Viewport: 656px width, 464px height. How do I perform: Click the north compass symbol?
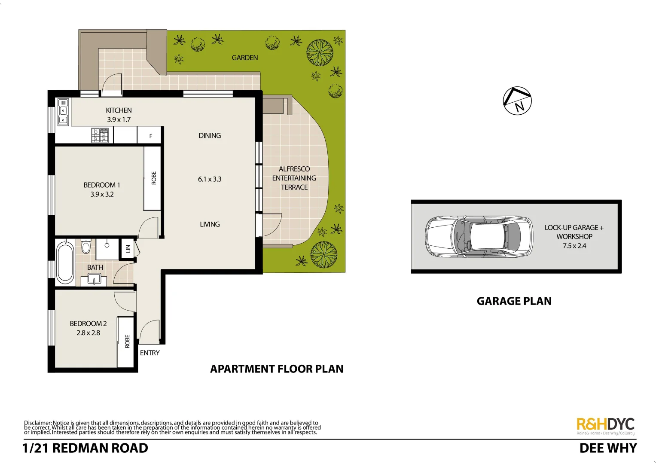[517, 101]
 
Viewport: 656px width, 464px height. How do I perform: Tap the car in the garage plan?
[479, 236]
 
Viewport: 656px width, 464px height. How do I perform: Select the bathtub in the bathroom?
[65, 263]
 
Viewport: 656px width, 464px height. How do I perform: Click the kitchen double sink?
[63, 112]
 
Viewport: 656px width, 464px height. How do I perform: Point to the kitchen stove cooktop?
[100, 135]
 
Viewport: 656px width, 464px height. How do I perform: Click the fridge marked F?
[150, 136]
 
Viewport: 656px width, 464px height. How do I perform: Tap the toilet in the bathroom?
[86, 246]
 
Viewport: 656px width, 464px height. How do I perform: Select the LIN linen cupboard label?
[128, 249]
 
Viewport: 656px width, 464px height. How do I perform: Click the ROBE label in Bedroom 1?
[153, 178]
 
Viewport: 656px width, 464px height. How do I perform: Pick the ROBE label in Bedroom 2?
[127, 341]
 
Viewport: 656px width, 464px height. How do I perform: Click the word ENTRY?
[150, 353]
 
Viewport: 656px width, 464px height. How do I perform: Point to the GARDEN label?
[245, 58]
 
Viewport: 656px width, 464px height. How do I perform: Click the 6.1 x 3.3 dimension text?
[210, 179]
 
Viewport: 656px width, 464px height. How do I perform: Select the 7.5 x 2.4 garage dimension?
[574, 246]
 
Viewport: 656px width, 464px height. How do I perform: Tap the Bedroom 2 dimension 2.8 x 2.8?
[88, 333]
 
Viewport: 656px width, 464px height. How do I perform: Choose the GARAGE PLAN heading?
[514, 301]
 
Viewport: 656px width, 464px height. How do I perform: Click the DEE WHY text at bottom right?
[608, 448]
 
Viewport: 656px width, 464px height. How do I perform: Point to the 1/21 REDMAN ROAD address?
[85, 448]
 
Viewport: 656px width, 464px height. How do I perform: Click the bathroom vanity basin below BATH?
[94, 279]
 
